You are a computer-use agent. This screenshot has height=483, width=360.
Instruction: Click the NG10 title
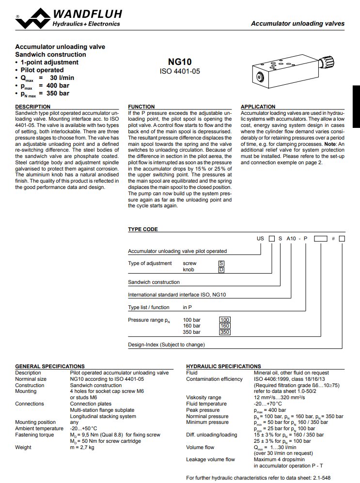[x=180, y=62]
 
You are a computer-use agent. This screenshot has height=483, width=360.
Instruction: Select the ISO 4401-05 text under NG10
[x=180, y=71]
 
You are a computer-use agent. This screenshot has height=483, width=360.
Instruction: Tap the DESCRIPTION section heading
[x=32, y=107]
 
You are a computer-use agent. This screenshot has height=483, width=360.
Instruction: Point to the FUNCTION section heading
[x=141, y=107]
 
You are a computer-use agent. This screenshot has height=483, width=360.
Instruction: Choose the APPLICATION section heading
[x=258, y=107]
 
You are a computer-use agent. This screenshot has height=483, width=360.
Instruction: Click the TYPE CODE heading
[x=143, y=229]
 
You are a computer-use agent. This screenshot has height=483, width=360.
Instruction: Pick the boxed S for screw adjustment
[x=221, y=264]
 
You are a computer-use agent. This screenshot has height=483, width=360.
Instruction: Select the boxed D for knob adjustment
[x=221, y=269]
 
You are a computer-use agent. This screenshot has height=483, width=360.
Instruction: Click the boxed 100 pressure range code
[x=225, y=320]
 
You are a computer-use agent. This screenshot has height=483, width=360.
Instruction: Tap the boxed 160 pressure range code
[x=225, y=326]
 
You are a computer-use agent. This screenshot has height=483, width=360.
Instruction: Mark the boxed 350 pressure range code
[x=225, y=332]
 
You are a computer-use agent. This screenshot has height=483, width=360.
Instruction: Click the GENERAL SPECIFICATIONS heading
[x=50, y=366]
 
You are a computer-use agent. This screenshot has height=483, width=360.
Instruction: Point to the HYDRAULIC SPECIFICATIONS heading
[x=223, y=366]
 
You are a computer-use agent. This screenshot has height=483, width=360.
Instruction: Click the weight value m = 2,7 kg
[x=82, y=447]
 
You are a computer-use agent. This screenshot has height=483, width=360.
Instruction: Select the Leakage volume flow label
[x=210, y=459]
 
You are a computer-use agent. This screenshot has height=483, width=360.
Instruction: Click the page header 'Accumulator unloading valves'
[x=297, y=23]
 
